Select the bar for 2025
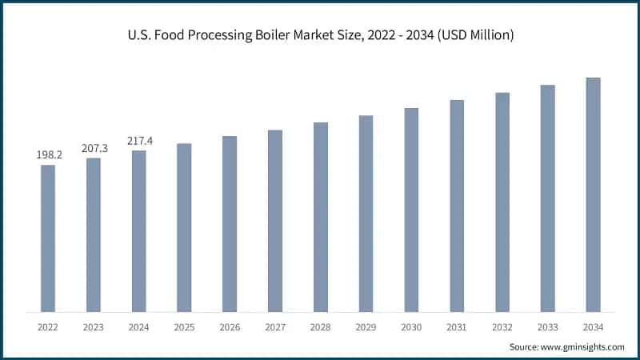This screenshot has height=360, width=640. [184, 228]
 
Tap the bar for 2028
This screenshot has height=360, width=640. [321, 217]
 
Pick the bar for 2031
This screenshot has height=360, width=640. [457, 206]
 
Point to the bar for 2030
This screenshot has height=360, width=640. [411, 210]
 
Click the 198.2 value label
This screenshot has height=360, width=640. [49, 154]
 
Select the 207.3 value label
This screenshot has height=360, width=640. [94, 148]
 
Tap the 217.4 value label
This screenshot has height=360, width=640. [139, 141]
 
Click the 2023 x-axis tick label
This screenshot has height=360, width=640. [94, 326]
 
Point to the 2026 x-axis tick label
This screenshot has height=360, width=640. [230, 326]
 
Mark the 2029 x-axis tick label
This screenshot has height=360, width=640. [366, 326]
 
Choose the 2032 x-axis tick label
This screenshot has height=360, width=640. [502, 326]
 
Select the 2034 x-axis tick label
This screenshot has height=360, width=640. [593, 326]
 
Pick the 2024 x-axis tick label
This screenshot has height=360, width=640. [139, 326]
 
